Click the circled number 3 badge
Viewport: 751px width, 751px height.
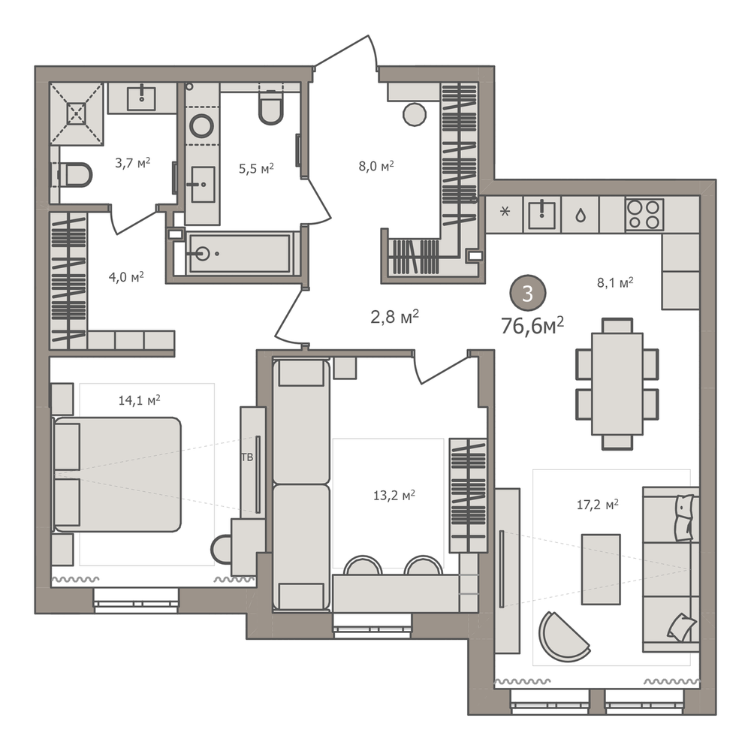[527, 293]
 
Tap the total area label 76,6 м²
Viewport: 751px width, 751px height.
[532, 326]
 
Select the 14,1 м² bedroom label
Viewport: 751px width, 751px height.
[139, 400]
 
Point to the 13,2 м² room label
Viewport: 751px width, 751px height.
[394, 495]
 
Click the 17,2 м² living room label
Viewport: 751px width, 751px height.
[597, 505]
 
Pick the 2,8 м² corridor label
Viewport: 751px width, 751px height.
[394, 317]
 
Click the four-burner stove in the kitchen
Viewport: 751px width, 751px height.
[644, 214]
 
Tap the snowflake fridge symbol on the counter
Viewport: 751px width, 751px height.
[505, 211]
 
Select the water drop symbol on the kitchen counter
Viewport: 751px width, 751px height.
[581, 216]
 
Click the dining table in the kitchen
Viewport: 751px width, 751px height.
[617, 384]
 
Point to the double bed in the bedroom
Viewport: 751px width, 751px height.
[117, 474]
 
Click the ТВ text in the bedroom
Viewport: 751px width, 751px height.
[247, 457]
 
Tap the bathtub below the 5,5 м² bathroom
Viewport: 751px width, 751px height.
[239, 253]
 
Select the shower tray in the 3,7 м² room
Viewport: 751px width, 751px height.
[77, 113]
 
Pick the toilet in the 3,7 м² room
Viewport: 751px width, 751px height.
[75, 175]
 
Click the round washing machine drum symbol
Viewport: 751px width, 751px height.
[201, 126]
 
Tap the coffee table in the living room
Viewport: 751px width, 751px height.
[601, 569]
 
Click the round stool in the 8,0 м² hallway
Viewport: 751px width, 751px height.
[415, 114]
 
